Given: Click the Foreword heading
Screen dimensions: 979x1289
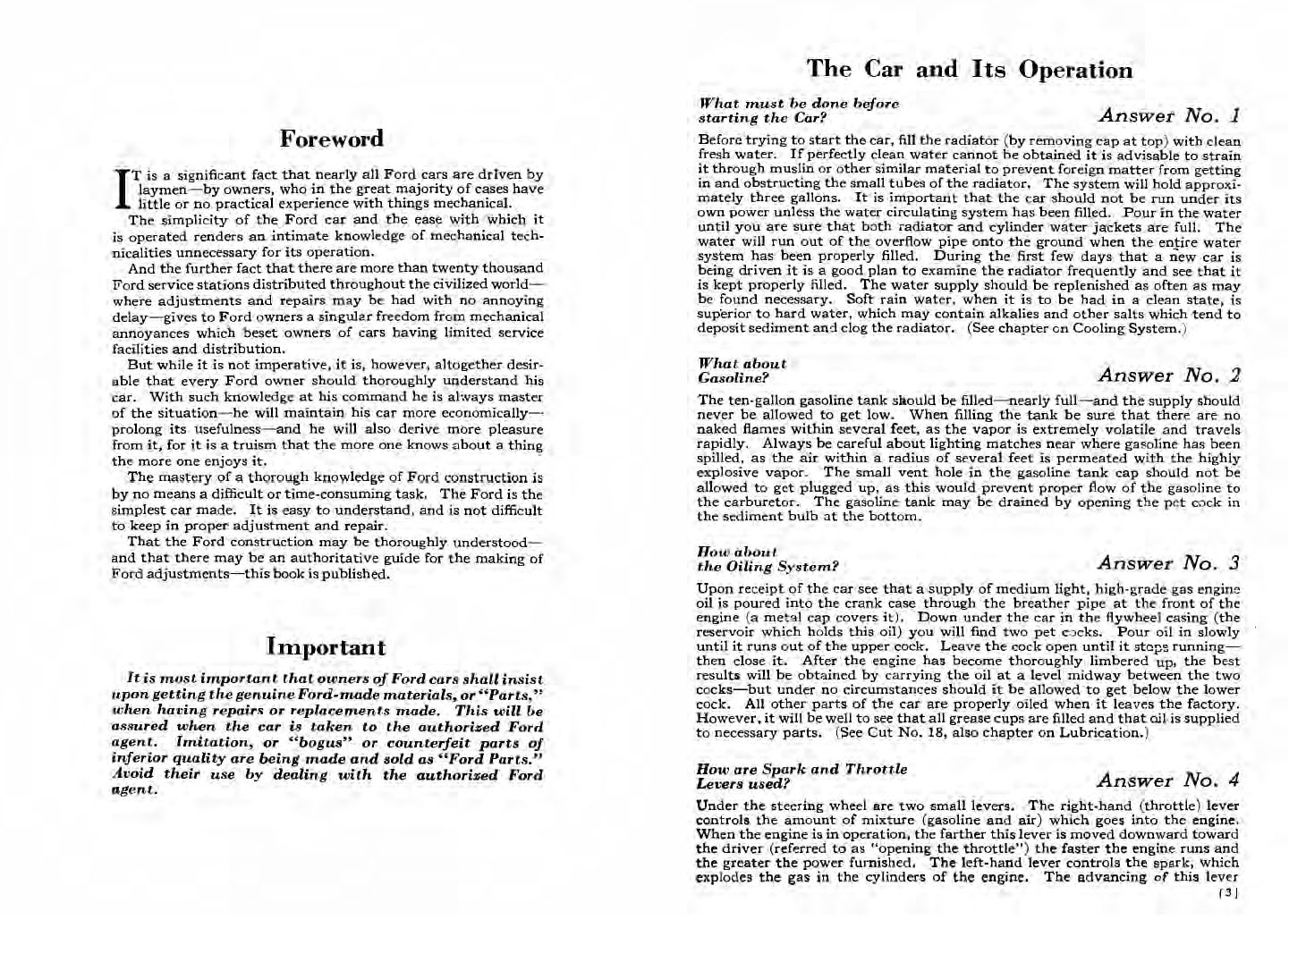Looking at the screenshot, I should (x=331, y=139).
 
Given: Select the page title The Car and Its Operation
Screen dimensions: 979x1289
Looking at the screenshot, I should (x=969, y=70).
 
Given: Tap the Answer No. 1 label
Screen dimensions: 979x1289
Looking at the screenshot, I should (x=1169, y=115).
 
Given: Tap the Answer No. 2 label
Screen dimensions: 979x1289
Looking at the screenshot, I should (x=1169, y=375).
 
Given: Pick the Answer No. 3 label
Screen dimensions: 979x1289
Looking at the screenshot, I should (x=1168, y=562).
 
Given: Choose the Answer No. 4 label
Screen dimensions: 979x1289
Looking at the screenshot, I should (x=1168, y=781).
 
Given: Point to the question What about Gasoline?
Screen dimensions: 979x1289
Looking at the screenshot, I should (x=742, y=370).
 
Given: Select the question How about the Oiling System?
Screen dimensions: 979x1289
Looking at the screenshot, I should (x=767, y=559).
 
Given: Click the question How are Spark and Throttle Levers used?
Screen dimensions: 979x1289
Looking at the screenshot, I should (x=801, y=776).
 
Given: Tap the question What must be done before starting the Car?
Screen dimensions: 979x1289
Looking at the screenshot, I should (x=798, y=111).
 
